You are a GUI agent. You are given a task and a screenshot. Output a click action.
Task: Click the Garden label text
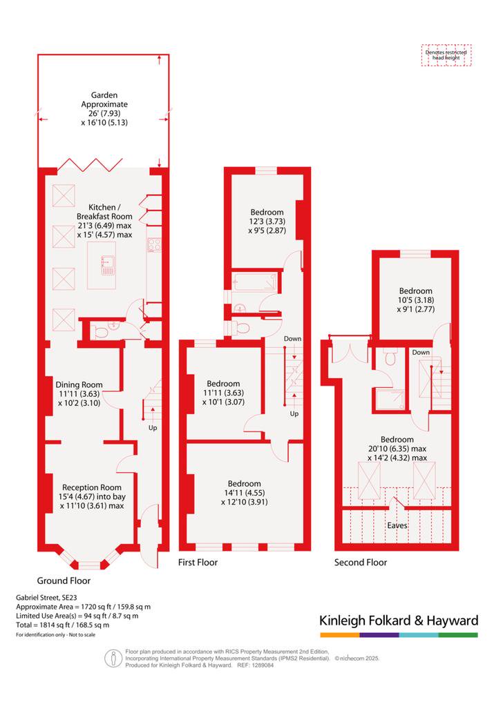pyautogui.click(x=104, y=95)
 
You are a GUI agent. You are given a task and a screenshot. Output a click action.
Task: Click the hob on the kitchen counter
pyautogui.click(x=154, y=245)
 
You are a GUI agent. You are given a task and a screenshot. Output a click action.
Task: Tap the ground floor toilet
pyautogui.click(x=102, y=333)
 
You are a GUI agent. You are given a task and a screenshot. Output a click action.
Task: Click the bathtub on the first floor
pyautogui.click(x=254, y=282)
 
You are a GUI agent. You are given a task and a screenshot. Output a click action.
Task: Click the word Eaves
pyautogui.click(x=397, y=525)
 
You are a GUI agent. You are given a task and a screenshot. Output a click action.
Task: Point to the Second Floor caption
pyautogui.click(x=361, y=563)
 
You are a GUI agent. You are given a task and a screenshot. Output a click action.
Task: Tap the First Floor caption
pyautogui.click(x=198, y=563)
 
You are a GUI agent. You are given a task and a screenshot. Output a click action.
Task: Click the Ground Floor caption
pyautogui.click(x=64, y=580)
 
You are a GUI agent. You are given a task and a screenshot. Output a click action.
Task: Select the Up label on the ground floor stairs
pyautogui.click(x=153, y=428)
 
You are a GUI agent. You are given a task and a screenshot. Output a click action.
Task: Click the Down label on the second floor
pyautogui.click(x=421, y=353)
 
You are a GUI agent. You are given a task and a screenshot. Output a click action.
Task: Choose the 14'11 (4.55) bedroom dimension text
pyautogui.click(x=244, y=493)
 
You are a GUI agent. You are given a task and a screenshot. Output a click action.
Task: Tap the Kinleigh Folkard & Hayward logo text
pyautogui.click(x=399, y=621)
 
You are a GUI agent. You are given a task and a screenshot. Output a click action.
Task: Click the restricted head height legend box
pyautogui.click(x=446, y=55)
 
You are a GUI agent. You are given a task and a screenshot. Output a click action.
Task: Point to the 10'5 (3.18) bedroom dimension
pyautogui.click(x=416, y=300)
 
